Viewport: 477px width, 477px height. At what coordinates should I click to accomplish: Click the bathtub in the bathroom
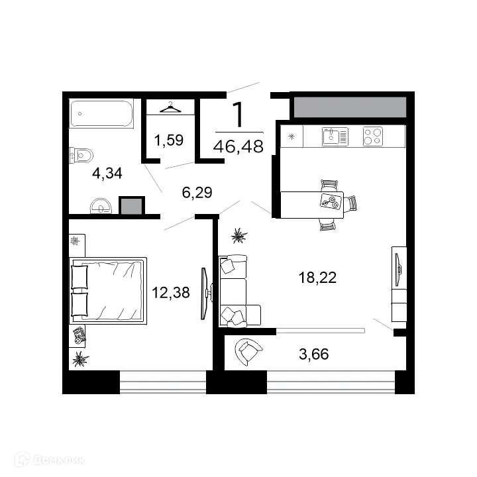pos(101,113)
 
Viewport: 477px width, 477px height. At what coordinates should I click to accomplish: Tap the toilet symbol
pos(81,156)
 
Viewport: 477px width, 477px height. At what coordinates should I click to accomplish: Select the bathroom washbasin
pos(101,206)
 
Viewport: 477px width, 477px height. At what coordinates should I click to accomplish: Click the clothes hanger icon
pos(170,107)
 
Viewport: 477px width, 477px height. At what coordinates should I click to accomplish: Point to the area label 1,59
pos(169,140)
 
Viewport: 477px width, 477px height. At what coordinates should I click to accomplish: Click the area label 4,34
pos(107,173)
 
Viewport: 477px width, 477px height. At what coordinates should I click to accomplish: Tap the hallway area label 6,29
pos(197,193)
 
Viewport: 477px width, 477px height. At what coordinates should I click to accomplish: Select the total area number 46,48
pos(238,146)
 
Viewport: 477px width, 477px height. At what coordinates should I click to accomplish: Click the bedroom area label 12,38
pos(171,293)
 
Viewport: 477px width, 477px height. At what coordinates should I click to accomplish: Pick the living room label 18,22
pos(317,278)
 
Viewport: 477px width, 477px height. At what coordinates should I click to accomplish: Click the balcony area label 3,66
pos(314,354)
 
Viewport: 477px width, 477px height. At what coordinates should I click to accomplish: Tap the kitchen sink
pos(335,136)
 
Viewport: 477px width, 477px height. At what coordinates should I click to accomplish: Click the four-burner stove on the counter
pos(373,136)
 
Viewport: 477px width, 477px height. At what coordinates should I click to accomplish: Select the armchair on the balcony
pos(248,352)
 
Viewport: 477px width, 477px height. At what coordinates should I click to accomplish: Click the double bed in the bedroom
pos(108,291)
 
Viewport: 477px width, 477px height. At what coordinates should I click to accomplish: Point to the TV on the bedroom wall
pos(205,293)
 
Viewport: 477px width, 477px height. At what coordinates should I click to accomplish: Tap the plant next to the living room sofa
pos(239,235)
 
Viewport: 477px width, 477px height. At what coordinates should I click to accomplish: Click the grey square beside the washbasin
pos(132,206)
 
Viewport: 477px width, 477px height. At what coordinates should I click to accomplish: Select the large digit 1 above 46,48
pos(238,115)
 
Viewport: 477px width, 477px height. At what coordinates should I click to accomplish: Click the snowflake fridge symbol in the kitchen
pos(291,136)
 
